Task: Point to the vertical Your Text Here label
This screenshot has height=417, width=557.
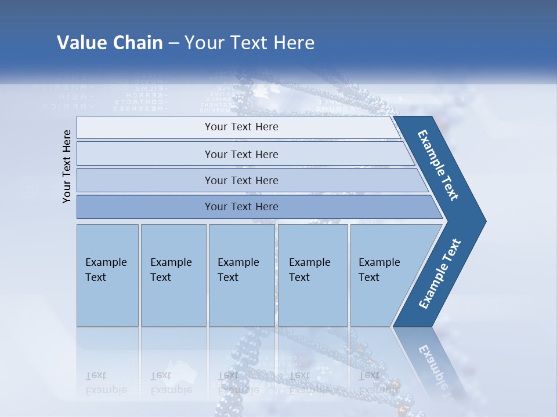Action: (x=67, y=166)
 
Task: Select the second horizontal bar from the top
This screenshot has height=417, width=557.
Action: (x=241, y=154)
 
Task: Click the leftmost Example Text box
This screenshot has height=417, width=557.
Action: (x=107, y=275)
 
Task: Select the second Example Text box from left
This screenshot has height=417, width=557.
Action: (x=173, y=275)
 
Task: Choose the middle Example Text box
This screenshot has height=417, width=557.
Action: (x=241, y=275)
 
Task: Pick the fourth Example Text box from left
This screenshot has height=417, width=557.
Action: (x=312, y=275)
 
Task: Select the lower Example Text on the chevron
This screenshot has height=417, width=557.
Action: (x=440, y=273)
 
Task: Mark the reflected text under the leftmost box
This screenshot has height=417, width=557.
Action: (x=106, y=383)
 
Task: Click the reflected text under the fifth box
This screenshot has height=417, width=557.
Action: (x=379, y=383)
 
